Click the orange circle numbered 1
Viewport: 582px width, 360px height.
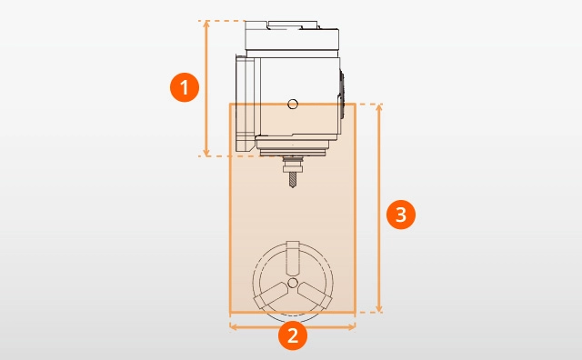[185, 87]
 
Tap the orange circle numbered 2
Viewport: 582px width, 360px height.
[293, 335]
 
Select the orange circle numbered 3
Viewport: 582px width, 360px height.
[401, 215]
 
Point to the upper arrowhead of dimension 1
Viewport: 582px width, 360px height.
[206, 24]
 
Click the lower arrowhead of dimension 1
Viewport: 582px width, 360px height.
[206, 153]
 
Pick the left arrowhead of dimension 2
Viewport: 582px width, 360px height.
[233, 326]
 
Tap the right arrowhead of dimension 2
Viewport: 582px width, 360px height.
[352, 326]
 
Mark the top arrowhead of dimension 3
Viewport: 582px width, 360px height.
[379, 108]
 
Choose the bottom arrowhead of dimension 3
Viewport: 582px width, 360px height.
[379, 309]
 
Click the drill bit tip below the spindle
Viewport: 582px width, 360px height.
[293, 186]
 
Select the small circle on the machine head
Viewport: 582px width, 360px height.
[293, 104]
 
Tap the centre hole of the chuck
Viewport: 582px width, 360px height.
[293, 283]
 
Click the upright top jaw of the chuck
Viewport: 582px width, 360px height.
[293, 257]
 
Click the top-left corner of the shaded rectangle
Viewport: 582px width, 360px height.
[230, 104]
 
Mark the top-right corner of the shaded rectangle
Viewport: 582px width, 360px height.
[356, 104]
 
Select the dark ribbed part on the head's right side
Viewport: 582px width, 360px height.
[341, 95]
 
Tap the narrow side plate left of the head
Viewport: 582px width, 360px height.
[245, 104]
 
